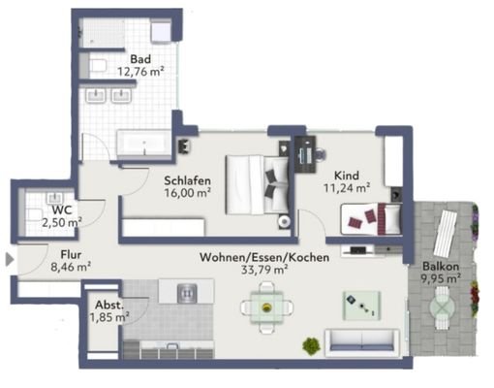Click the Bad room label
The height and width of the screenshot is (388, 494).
[x=140, y=57]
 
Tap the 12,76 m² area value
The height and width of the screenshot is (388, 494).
[x=140, y=70]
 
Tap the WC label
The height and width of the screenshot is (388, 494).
[x=62, y=209]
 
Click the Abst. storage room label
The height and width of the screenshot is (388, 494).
[x=108, y=303]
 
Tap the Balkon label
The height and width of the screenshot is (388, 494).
[x=440, y=268]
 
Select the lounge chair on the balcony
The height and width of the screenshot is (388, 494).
[x=448, y=233]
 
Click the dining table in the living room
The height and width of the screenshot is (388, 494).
[x=265, y=308]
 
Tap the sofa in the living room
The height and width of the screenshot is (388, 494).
[x=362, y=341]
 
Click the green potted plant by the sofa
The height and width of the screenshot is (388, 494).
[x=311, y=345]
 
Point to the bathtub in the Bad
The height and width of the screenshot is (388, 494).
[x=145, y=144]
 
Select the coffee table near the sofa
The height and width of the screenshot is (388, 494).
[x=361, y=306]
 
